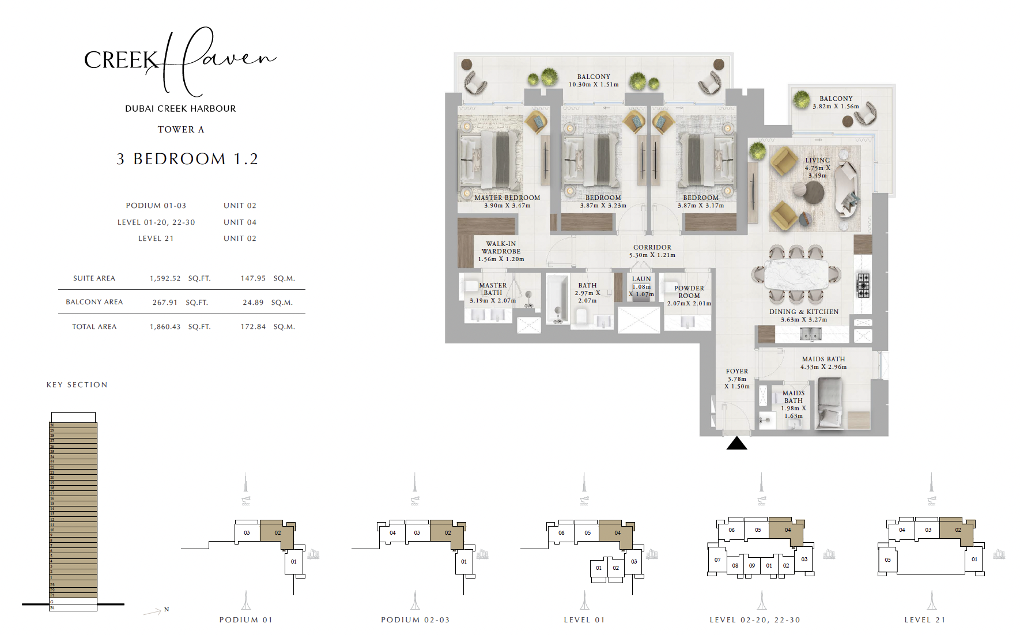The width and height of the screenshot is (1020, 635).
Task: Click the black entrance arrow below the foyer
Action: coord(736,443)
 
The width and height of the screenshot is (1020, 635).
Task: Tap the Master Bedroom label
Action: coord(507,198)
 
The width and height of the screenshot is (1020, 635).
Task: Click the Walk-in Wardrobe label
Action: coord(501,248)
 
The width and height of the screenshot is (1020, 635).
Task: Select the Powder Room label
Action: coord(689,292)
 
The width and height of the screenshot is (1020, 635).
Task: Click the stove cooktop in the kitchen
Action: coord(863,285)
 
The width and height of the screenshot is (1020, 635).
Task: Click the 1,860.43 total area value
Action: coord(165,327)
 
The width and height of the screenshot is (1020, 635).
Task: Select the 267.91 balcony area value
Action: coord(165,303)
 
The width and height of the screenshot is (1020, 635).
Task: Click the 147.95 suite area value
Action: coord(253,278)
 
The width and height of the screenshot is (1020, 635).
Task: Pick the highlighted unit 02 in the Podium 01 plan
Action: coord(277,532)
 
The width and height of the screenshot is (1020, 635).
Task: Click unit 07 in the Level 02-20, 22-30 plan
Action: coord(717,560)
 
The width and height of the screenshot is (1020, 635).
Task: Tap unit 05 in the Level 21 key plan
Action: coord(887,560)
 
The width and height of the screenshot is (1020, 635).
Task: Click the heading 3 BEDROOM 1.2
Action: coord(187,159)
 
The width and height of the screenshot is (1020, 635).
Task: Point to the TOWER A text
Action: coord(181,130)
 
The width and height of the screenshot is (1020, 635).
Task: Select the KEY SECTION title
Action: coord(77,385)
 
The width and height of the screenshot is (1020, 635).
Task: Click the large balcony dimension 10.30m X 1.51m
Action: coord(594,85)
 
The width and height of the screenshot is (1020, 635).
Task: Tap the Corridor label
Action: coord(652,247)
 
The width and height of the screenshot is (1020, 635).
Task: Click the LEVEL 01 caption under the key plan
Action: coord(584,620)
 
